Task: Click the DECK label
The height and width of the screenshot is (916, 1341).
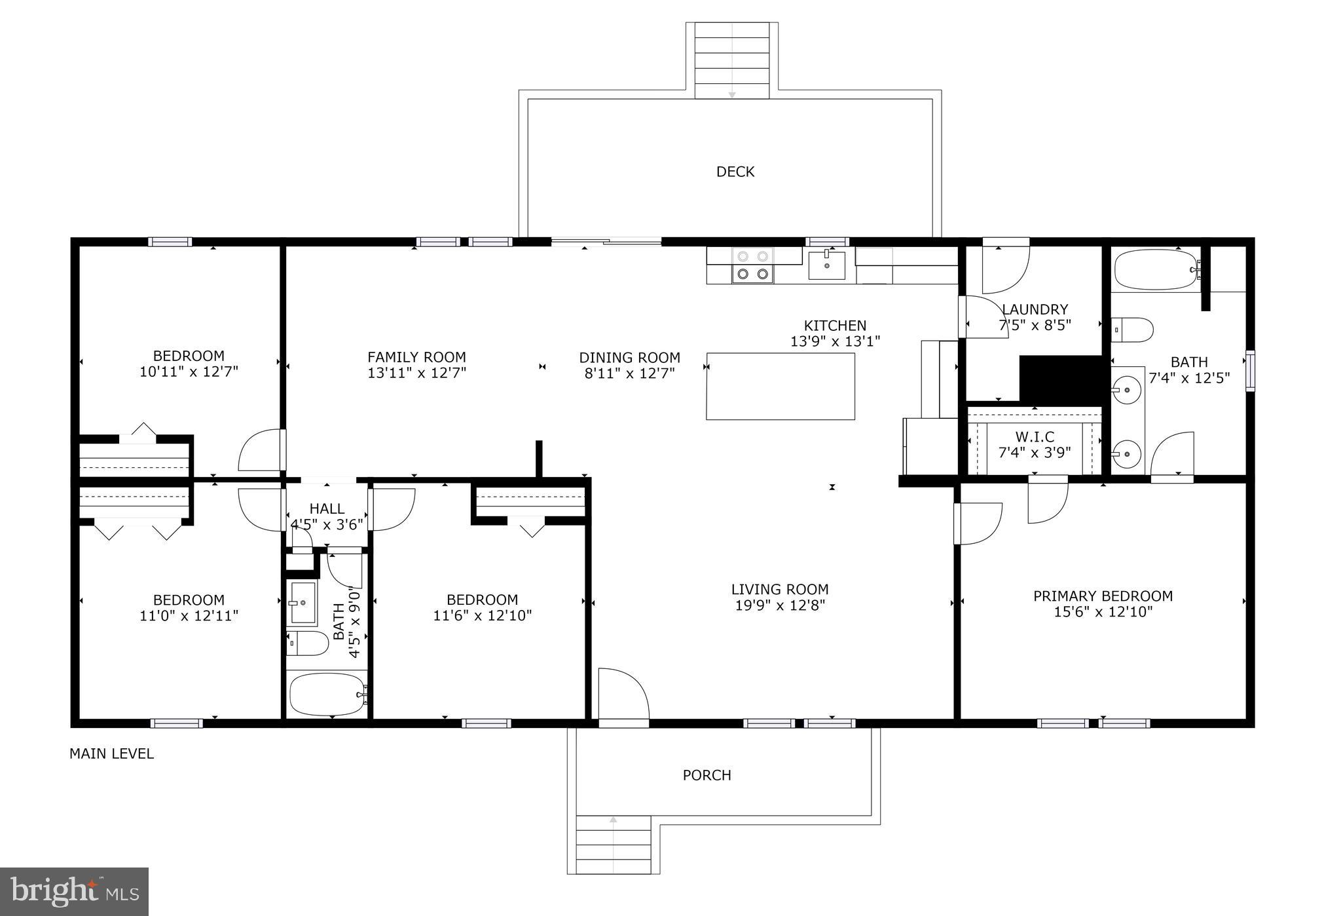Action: click(x=735, y=172)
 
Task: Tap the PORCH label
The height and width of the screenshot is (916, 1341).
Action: click(x=707, y=775)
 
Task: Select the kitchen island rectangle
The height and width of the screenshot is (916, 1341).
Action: click(x=781, y=386)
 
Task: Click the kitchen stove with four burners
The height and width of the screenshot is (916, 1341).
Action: click(x=753, y=265)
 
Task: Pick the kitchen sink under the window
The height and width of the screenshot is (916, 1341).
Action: click(x=826, y=265)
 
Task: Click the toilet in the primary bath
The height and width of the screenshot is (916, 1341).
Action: click(x=1132, y=330)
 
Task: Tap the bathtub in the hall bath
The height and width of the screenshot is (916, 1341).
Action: click(x=327, y=695)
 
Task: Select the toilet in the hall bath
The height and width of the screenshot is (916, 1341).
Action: click(x=307, y=643)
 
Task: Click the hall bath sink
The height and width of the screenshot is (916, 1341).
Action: click(x=302, y=603)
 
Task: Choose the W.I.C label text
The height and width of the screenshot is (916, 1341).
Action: click(x=1035, y=436)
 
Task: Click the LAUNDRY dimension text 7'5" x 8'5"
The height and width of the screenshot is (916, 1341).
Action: click(x=1035, y=324)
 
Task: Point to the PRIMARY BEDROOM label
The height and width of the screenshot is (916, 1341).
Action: click(x=1103, y=596)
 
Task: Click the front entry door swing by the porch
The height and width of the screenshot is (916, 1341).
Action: click(x=623, y=694)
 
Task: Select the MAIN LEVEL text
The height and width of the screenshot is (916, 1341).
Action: click(x=111, y=754)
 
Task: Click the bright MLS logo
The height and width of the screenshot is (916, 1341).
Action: click(x=74, y=892)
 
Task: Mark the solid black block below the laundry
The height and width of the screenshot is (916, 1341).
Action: click(x=1061, y=379)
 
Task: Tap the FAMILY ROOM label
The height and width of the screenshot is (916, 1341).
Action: click(x=416, y=357)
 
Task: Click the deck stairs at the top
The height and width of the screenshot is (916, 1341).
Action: click(x=732, y=61)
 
